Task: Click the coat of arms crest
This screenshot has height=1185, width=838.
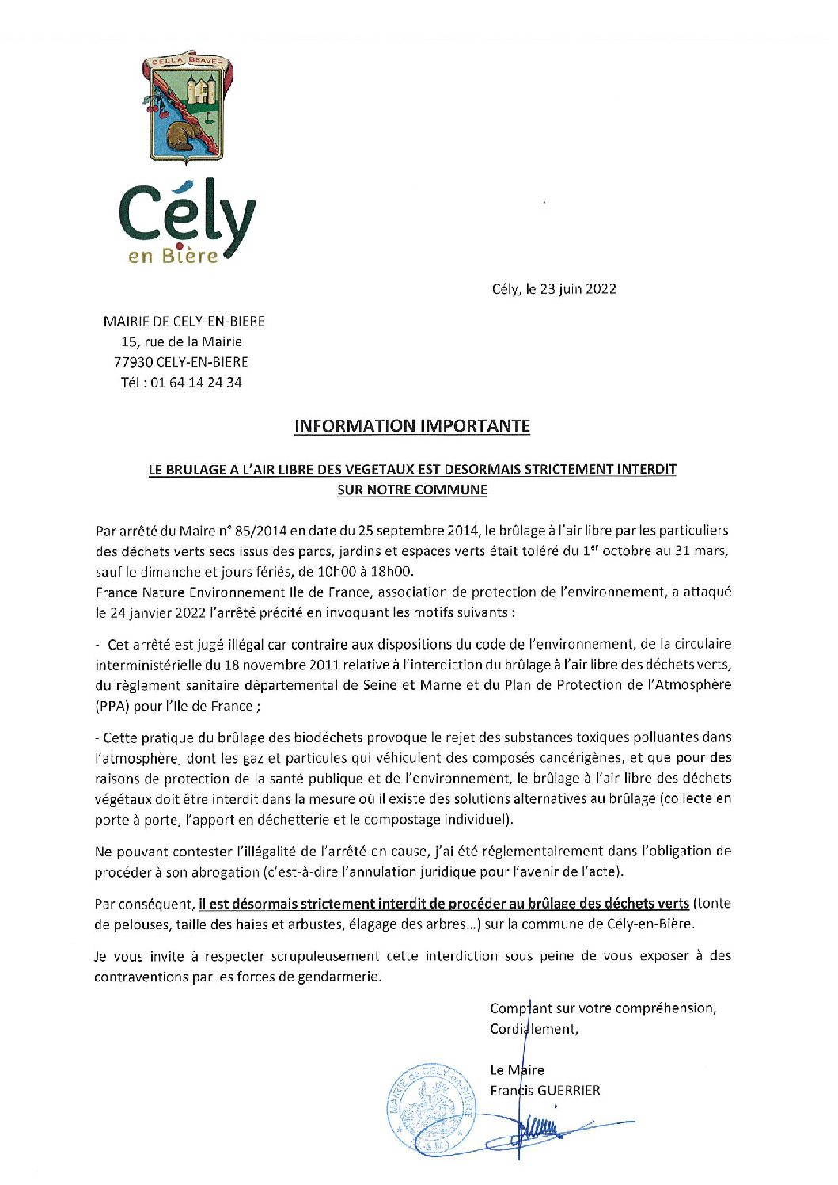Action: [x=188, y=108]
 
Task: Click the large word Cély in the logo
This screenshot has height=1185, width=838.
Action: [x=187, y=214]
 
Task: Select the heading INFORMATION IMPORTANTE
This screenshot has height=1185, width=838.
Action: [x=411, y=426]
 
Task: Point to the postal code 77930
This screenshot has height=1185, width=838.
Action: [x=133, y=362]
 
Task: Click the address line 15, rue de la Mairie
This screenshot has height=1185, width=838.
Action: [x=181, y=341]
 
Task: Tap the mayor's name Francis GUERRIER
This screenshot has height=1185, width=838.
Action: [x=544, y=1091]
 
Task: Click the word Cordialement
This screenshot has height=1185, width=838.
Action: [x=533, y=1029]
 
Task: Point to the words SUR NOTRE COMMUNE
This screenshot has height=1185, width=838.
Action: [x=411, y=490]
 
